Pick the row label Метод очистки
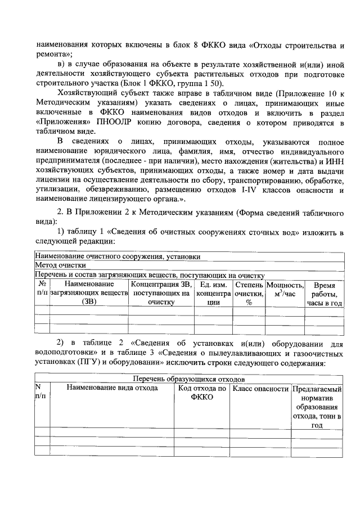[x=61, y=265]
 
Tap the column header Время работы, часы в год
[x=324, y=294]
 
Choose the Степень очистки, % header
[x=249, y=294]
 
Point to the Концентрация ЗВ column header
[x=162, y=294]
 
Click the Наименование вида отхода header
[x=112, y=388]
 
